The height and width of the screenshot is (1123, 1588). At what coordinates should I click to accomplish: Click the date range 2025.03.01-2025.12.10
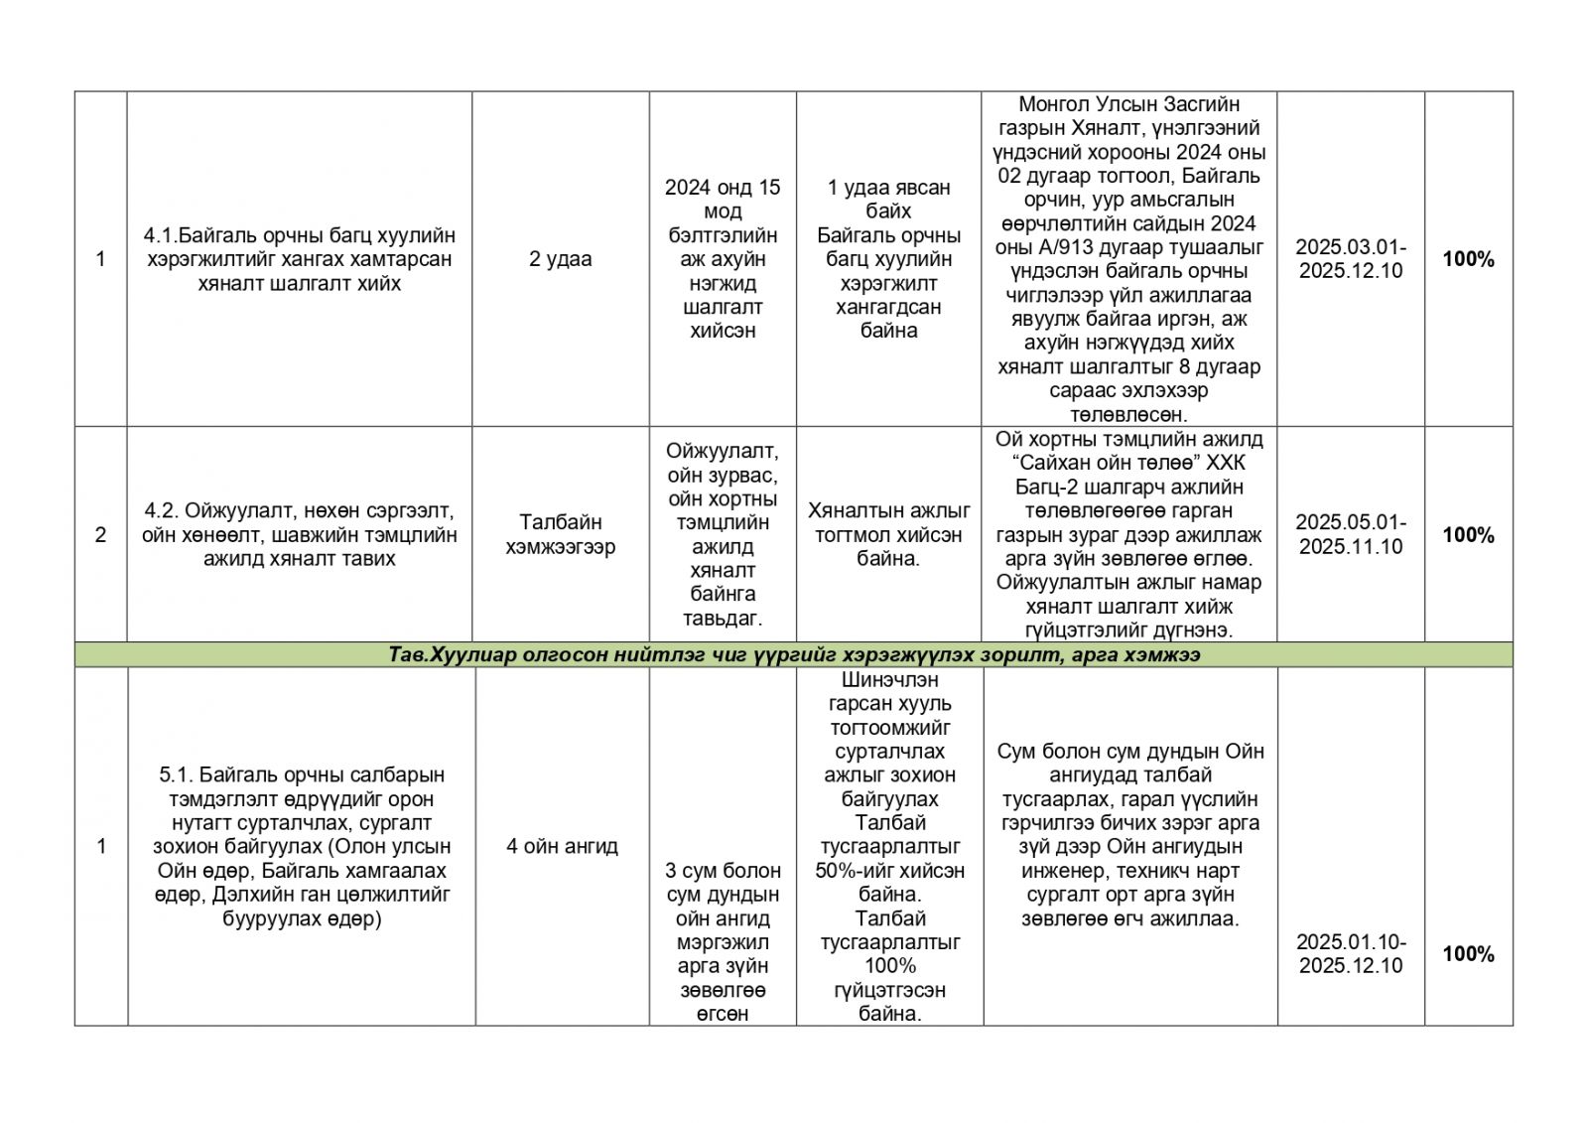(x=1350, y=259)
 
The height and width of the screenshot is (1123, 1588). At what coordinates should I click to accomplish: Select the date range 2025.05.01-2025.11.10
(x=1350, y=534)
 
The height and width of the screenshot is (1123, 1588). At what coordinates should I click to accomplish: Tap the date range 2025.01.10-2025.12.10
(x=1350, y=954)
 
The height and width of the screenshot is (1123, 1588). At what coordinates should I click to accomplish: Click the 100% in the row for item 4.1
(x=1468, y=259)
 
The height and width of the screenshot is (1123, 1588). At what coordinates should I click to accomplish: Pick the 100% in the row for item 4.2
(x=1468, y=535)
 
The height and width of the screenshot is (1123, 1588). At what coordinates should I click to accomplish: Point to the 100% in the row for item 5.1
(x=1468, y=954)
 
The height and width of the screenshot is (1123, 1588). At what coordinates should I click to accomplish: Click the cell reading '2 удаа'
(x=560, y=259)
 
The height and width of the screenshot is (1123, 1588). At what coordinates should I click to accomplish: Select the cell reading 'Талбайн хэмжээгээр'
(x=560, y=534)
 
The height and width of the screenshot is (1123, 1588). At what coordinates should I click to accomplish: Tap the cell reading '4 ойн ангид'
(x=562, y=847)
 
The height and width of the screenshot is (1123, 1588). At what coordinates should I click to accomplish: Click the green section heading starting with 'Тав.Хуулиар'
(x=793, y=655)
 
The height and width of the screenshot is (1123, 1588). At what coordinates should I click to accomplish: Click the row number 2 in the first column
(x=100, y=535)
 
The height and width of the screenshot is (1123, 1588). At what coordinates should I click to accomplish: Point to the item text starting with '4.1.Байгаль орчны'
(x=299, y=259)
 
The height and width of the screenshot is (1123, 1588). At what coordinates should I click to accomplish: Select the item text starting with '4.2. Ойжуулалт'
(x=299, y=534)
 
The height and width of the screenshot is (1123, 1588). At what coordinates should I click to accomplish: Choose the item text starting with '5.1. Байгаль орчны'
(x=301, y=847)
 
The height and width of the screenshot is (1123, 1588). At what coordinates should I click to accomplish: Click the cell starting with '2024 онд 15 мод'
(x=723, y=259)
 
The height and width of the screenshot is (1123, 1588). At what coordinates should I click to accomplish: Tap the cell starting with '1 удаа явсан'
(x=888, y=259)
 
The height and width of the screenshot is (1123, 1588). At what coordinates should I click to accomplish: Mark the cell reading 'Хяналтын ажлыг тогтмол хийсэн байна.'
(x=888, y=534)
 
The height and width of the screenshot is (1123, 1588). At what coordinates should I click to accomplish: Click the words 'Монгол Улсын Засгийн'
(x=1128, y=104)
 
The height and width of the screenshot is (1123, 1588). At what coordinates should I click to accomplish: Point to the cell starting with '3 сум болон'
(x=723, y=941)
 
